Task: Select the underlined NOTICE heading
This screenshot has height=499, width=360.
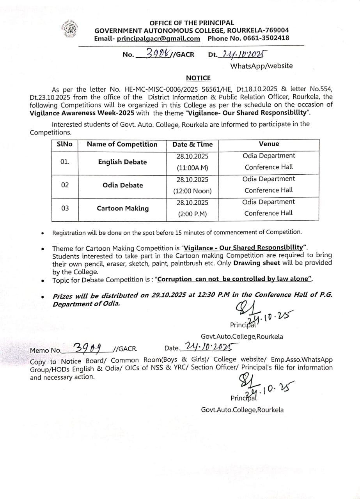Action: pos(198,78)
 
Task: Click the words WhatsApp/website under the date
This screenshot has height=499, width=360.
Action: pos(261,66)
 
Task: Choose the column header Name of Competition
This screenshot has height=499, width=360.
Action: pos(122,144)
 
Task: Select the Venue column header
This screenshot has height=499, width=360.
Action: pos(269,144)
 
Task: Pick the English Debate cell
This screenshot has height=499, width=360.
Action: pos(122,162)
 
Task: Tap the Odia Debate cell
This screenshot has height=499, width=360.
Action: pos(122,185)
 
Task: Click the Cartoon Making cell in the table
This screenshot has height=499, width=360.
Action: pos(122,208)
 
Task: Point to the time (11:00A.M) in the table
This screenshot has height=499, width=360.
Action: pos(192,168)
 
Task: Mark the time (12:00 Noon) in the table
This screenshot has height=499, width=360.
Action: pos(192,191)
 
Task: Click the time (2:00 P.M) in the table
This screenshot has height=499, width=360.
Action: pos(192,214)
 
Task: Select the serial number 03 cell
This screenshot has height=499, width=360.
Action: pos(65,208)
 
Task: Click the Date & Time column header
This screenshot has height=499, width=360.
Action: pos(192,144)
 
